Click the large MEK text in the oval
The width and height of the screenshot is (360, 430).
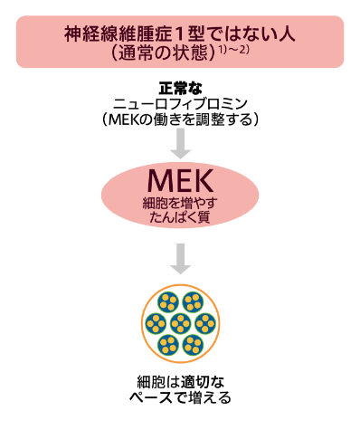tap(180, 181)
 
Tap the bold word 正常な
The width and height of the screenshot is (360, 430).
tap(180, 89)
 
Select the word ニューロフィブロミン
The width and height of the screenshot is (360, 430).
tap(180, 104)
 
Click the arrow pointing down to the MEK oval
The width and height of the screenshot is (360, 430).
tap(180, 143)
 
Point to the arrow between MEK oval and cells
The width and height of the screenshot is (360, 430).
tap(180, 259)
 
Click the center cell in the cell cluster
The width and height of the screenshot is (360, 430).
tap(180, 323)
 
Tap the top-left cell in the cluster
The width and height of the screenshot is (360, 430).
tap(168, 302)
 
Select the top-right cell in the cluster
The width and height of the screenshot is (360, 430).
tap(193, 302)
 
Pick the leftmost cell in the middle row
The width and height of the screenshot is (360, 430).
tap(156, 323)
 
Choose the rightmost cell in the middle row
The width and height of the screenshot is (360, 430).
tap(205, 323)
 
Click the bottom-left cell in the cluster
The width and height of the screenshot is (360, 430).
tap(168, 345)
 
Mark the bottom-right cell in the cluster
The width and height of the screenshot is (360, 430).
tap(193, 345)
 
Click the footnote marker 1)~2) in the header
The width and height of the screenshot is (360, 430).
tap(233, 51)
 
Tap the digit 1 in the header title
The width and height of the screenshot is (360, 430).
tap(179, 34)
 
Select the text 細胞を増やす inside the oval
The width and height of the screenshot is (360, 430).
tap(180, 204)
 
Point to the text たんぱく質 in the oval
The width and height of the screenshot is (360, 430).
tap(180, 217)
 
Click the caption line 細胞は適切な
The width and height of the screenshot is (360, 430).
tap(180, 382)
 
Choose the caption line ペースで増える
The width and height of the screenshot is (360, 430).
tap(180, 397)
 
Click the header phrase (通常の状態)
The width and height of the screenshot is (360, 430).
tap(164, 53)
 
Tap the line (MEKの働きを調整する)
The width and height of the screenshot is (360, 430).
tap(180, 119)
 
